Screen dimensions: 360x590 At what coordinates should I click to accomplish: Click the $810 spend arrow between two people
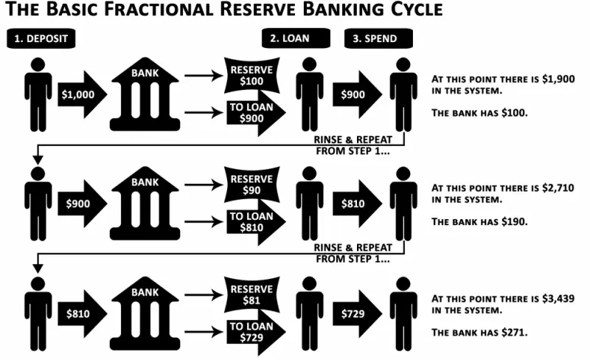tap(356, 203)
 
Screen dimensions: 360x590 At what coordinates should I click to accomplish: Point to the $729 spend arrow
tap(356, 314)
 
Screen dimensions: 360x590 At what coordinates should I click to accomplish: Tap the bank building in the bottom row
tap(145, 314)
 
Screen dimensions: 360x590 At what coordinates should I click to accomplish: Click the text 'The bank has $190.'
tap(479, 221)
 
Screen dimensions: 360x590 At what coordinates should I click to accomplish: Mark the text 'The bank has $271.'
tap(479, 332)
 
